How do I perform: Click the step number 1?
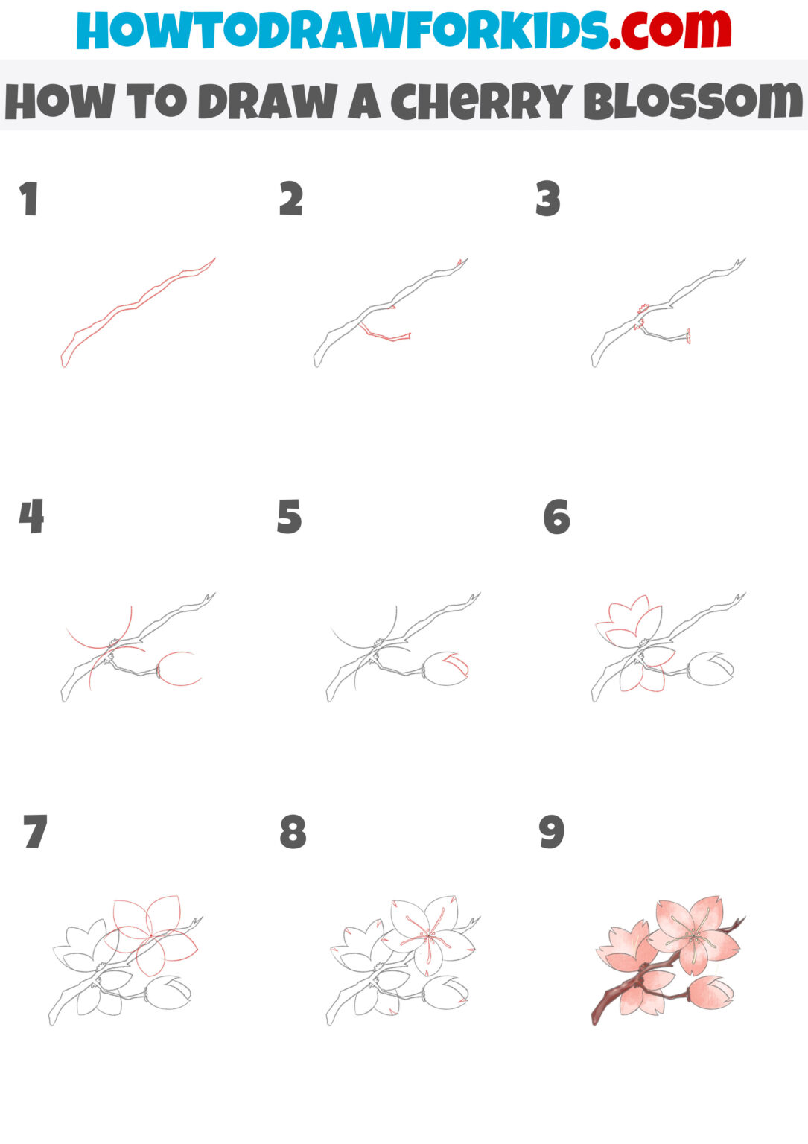point(28,200)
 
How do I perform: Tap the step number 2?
point(291,199)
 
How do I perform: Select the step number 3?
point(547,200)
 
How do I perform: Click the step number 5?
point(289,517)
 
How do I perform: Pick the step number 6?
point(556,517)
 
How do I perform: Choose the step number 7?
point(35,832)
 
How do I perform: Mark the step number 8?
point(293,832)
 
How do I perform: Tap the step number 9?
point(552,832)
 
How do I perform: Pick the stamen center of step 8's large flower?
point(427,934)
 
